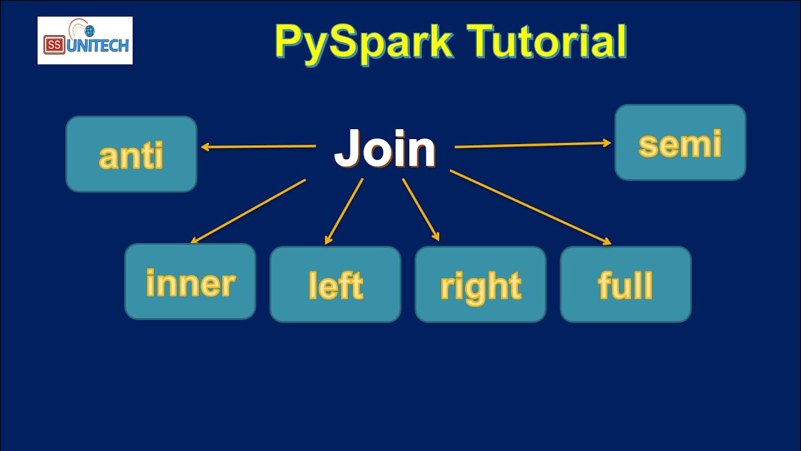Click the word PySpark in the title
(363, 43)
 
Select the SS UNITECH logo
(85, 41)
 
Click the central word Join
(384, 149)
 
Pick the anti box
(131, 154)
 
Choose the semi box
(680, 143)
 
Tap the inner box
(190, 282)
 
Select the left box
(335, 284)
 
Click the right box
(481, 284)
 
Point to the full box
(626, 284)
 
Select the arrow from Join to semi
(532, 145)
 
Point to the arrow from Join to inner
(248, 211)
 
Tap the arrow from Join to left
(344, 211)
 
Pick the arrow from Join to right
(421, 209)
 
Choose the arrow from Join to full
(530, 207)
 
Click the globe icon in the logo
(89, 31)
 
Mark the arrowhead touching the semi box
(606, 143)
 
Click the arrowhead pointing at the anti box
(205, 148)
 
